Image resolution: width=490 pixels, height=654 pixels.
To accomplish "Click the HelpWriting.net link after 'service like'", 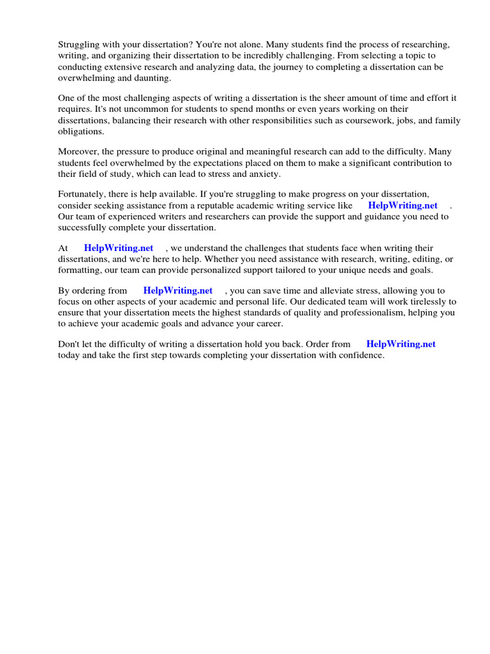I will pos(403,206).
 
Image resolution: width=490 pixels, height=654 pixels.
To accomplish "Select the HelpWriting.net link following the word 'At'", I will pos(119,248).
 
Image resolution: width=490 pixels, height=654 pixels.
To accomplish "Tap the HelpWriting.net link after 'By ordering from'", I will pos(178,291).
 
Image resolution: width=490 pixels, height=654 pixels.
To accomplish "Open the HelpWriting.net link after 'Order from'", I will pos(401,344).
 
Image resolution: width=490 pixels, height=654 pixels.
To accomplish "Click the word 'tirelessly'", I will pos(424,301).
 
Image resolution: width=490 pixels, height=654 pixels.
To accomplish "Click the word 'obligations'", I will pos(82,132).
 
